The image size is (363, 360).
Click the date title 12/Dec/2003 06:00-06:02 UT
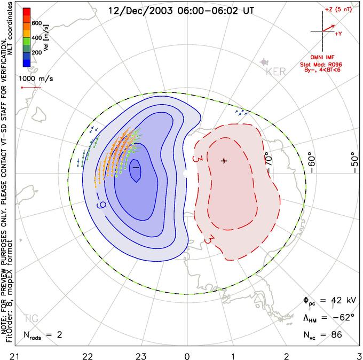coord(181,10)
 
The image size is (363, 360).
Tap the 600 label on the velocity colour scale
coord(37,23)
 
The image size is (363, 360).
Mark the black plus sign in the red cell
coord(224,160)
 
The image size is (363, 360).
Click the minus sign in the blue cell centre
coord(136,168)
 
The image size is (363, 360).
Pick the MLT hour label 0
coord(187,355)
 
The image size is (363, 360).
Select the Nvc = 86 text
coord(326,335)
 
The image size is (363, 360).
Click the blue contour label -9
coord(100,204)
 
